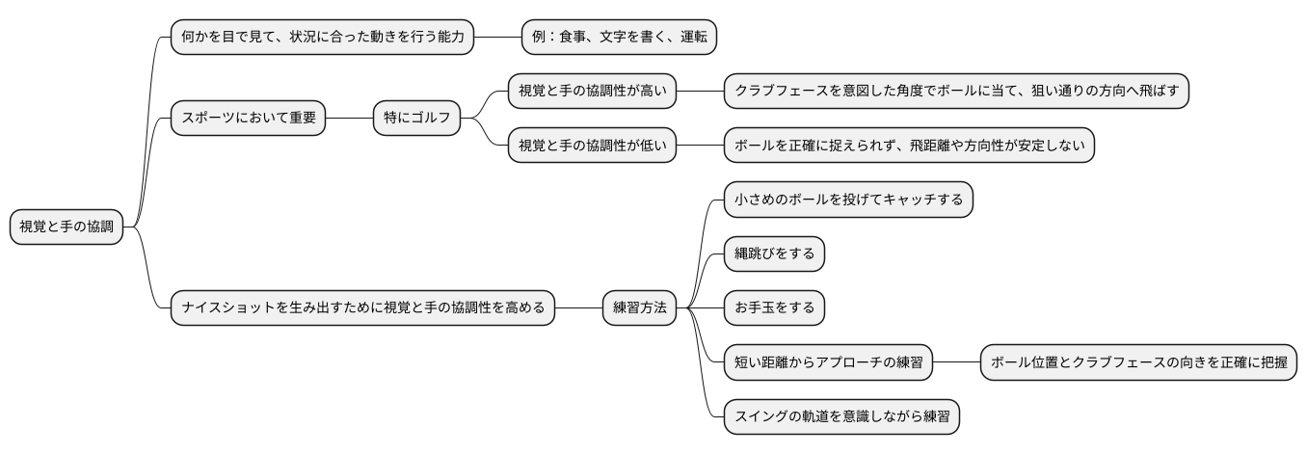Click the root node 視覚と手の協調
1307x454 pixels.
coord(67,227)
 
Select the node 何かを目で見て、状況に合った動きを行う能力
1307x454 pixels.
coord(322,37)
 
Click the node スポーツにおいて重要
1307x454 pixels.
coord(248,119)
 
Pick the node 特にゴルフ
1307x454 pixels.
coord(417,119)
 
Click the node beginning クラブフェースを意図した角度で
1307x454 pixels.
coord(956,92)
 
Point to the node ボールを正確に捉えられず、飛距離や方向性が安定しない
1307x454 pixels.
coord(909,146)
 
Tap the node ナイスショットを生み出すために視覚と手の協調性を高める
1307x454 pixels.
coord(362,308)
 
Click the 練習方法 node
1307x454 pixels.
coord(639,308)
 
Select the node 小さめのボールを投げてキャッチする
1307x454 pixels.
coord(848,200)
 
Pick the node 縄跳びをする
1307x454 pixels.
coord(775,254)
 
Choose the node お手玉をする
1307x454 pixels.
coord(775,308)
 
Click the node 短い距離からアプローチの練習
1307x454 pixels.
coord(829,362)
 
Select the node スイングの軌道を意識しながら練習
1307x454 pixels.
coord(842,416)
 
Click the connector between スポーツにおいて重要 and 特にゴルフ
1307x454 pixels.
coord(349,119)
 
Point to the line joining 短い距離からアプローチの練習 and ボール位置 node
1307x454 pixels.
coord(957,362)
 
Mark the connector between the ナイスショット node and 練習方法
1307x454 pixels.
coord(578,308)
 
